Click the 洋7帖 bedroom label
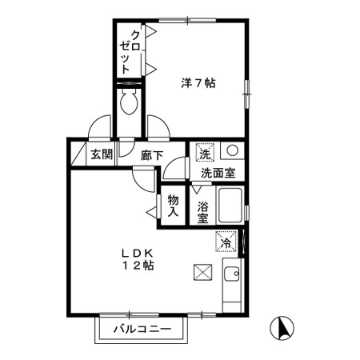pyautogui.click(x=198, y=83)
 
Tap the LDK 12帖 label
pyautogui.click(x=138, y=259)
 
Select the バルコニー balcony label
pyautogui.click(x=142, y=329)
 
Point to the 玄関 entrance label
pyautogui.click(x=102, y=154)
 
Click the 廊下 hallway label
pyautogui.click(x=152, y=155)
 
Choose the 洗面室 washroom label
pyautogui.click(x=218, y=174)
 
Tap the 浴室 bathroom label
pyautogui.click(x=203, y=212)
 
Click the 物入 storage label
pyautogui.click(x=173, y=206)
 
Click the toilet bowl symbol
pyautogui.click(x=129, y=101)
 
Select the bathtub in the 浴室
pyautogui.click(x=230, y=206)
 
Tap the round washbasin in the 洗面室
pyautogui.click(x=232, y=150)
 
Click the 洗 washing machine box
pyautogui.click(x=205, y=153)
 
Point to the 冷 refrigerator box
pyautogui.click(x=226, y=242)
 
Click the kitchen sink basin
pyautogui.click(x=232, y=274)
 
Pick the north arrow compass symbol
pyautogui.click(x=282, y=328)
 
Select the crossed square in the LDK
pyautogui.click(x=203, y=272)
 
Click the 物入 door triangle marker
pyautogui.click(x=152, y=212)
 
